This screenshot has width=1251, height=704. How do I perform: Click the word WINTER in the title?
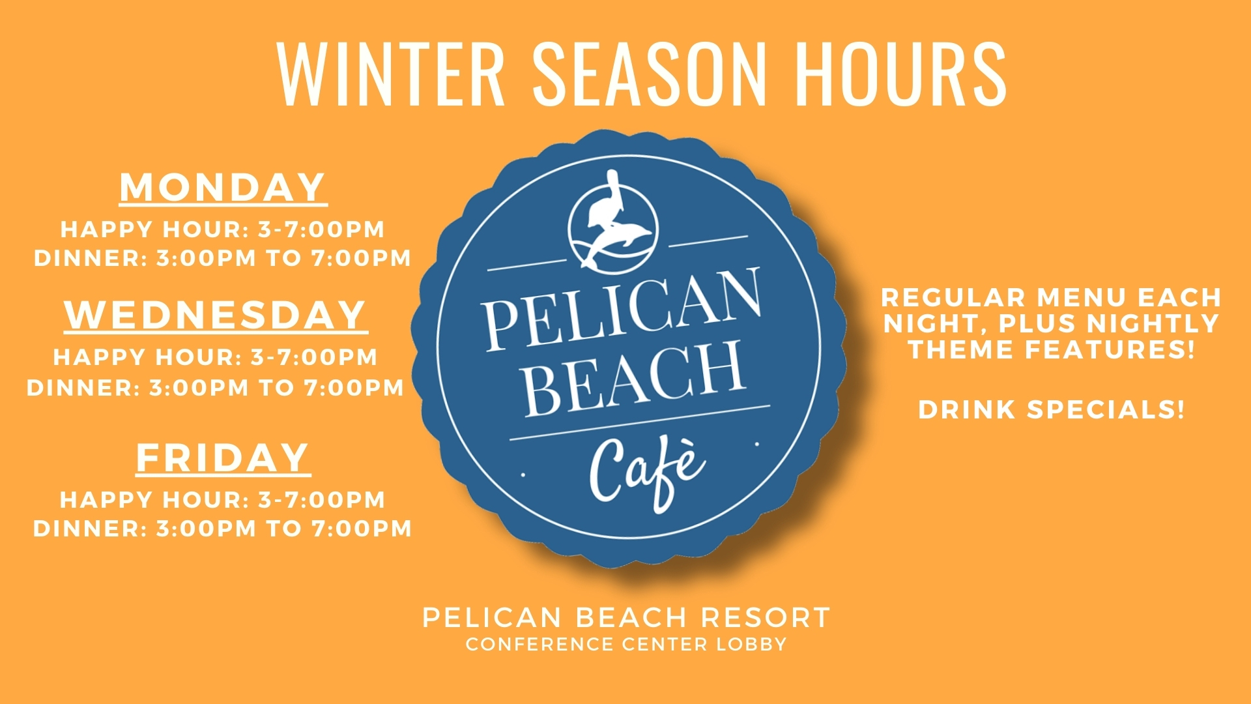pos(391,73)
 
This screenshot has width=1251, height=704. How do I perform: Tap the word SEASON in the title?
pos(650,73)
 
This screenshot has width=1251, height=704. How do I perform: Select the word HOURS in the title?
pos(901,73)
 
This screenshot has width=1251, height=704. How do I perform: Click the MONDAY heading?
pos(223,188)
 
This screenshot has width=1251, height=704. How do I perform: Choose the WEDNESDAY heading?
pos(216,315)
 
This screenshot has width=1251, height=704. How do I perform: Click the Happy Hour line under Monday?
pos(223,229)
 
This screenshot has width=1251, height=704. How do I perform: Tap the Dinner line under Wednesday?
pos(216,388)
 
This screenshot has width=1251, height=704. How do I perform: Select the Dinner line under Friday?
pos(223,529)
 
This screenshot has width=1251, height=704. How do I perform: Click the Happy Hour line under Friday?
pos(223,500)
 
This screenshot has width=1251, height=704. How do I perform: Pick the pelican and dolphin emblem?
pos(613,222)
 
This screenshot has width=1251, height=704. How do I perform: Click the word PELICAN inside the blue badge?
pos(622,308)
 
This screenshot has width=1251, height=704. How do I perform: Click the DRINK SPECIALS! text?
pos(1052,410)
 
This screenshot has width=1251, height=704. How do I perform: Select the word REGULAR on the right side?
pos(954,298)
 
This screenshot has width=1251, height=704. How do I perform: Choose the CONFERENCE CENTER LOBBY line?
pos(626,645)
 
